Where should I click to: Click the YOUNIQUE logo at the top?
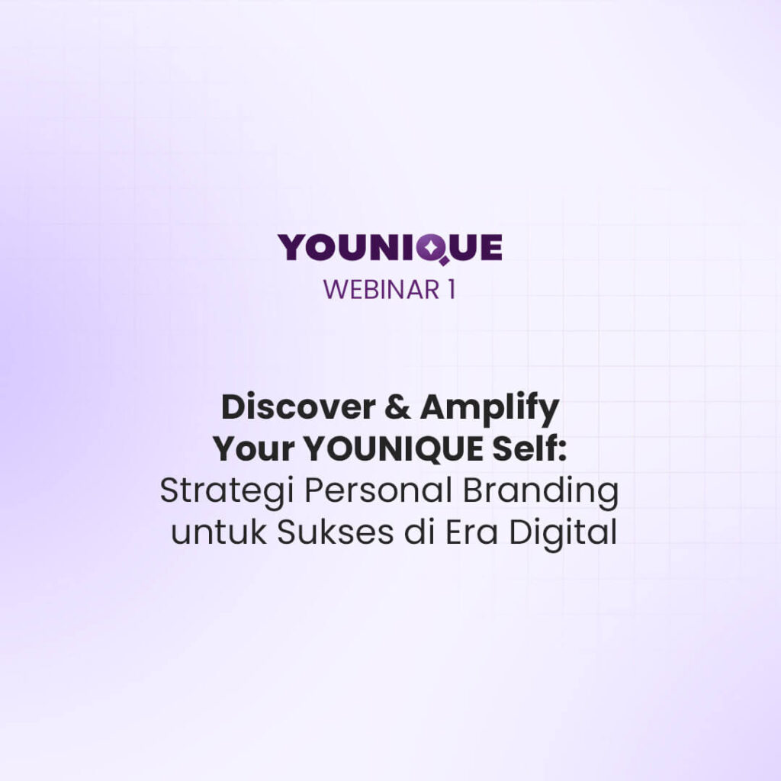(390, 248)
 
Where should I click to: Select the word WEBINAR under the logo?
(381, 289)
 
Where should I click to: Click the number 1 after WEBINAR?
(452, 289)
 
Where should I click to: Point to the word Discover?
(298, 407)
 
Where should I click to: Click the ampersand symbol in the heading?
(397, 407)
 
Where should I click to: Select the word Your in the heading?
(253, 449)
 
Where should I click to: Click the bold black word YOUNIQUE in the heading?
(393, 450)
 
